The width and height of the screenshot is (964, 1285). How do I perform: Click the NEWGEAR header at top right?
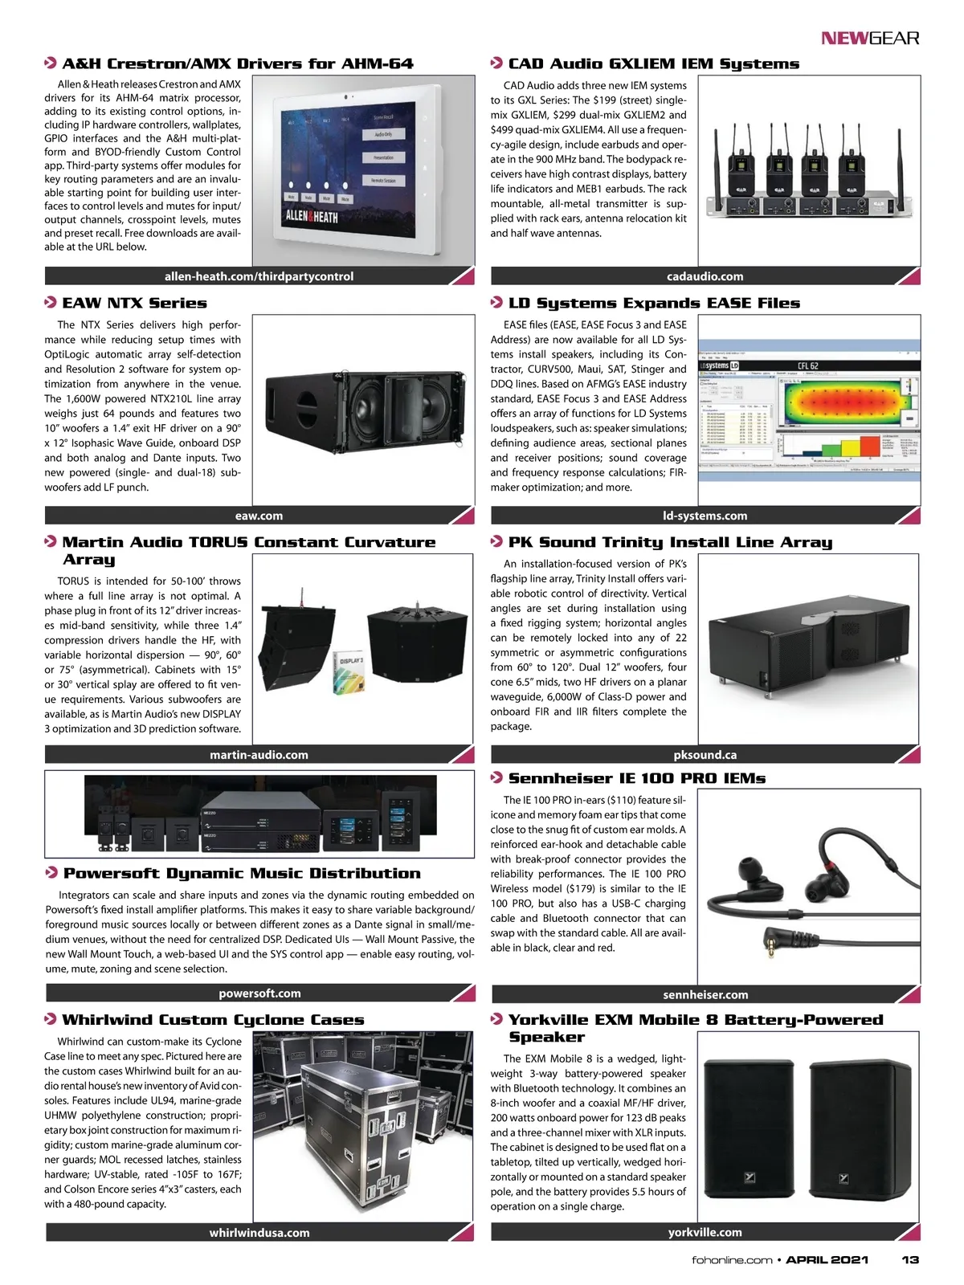[870, 38]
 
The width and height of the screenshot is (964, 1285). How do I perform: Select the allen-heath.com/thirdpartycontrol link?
[259, 276]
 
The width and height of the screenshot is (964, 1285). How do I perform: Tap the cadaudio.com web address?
[705, 276]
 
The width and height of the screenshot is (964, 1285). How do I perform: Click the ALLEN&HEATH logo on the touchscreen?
[312, 216]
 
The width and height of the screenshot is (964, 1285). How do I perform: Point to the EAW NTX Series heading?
[134, 303]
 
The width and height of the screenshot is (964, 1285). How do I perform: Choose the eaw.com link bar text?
[259, 516]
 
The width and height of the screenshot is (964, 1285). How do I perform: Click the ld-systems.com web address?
[705, 516]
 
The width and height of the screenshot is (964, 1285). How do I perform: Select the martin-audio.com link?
[259, 755]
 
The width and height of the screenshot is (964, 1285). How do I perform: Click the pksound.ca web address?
[705, 755]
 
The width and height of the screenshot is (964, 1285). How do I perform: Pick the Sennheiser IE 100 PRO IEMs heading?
[636, 778]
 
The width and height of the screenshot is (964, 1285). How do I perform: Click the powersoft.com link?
[259, 993]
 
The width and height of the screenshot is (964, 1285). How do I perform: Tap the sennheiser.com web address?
[705, 994]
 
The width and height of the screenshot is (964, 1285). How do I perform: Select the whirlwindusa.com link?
[259, 1233]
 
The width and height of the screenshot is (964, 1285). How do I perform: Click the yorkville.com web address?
[705, 1232]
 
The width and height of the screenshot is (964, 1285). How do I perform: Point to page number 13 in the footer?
[909, 1259]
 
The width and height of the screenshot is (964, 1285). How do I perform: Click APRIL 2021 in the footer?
[827, 1259]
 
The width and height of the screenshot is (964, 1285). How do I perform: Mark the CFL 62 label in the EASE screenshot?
[807, 366]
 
